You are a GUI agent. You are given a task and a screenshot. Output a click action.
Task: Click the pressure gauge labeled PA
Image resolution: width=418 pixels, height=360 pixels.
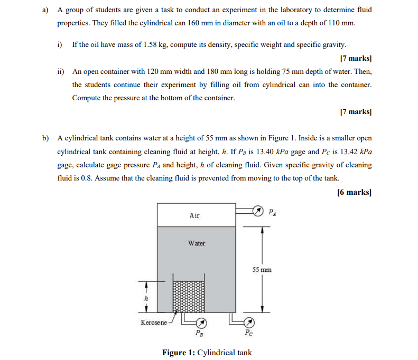point(257,212)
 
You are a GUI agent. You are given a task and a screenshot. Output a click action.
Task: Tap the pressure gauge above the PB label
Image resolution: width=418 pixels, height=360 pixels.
point(201,323)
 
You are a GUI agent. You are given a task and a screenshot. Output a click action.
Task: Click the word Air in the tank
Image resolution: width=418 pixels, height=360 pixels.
point(194,215)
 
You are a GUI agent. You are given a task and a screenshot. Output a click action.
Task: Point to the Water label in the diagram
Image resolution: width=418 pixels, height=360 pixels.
point(197,243)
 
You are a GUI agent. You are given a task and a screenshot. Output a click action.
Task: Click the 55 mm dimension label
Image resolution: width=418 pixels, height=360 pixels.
point(262,270)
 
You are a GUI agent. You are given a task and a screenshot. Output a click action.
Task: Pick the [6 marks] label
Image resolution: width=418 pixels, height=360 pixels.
point(354,192)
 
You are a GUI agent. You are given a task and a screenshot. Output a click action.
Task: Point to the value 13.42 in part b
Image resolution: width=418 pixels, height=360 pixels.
point(348,151)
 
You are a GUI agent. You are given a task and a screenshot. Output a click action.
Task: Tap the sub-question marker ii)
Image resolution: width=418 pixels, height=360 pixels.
point(61,71)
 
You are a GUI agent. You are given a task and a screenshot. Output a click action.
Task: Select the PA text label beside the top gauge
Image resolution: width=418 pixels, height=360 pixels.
point(272,213)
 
